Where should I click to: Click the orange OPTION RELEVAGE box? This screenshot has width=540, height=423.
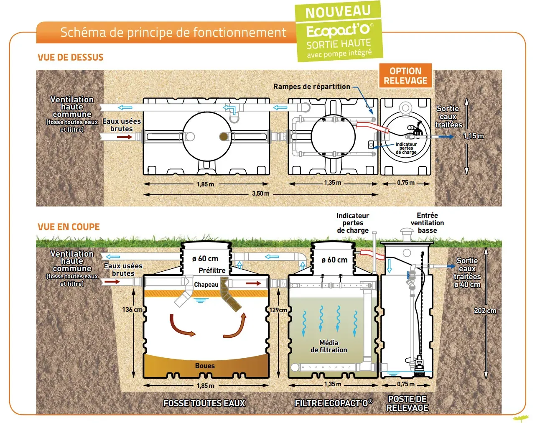[405, 76]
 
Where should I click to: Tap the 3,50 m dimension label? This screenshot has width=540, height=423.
[260, 194]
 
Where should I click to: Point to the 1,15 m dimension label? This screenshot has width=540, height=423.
[473, 136]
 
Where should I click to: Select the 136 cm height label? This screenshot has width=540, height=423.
[132, 310]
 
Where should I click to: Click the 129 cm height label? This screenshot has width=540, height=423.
[278, 310]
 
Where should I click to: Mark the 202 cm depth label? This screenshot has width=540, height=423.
[485, 311]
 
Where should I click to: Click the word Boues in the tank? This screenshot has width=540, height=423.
[205, 366]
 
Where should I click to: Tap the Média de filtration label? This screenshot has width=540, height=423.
[329, 347]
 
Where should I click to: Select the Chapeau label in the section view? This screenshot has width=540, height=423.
[206, 285]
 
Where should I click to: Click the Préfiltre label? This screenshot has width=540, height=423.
[212, 270]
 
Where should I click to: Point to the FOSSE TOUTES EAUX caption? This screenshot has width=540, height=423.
[204, 403]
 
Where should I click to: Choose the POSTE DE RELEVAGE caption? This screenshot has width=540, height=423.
[408, 403]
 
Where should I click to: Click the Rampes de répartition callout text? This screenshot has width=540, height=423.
[312, 87]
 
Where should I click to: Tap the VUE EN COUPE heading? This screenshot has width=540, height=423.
[69, 227]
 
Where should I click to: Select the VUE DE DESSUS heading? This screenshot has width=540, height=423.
[70, 58]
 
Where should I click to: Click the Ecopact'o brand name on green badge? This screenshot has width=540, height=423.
[338, 31]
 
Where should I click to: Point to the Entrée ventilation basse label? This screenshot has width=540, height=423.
[427, 223]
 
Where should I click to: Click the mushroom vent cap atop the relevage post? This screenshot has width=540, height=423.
[407, 231]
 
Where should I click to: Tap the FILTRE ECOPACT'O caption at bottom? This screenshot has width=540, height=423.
[333, 403]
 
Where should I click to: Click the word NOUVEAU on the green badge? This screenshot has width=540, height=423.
[338, 12]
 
